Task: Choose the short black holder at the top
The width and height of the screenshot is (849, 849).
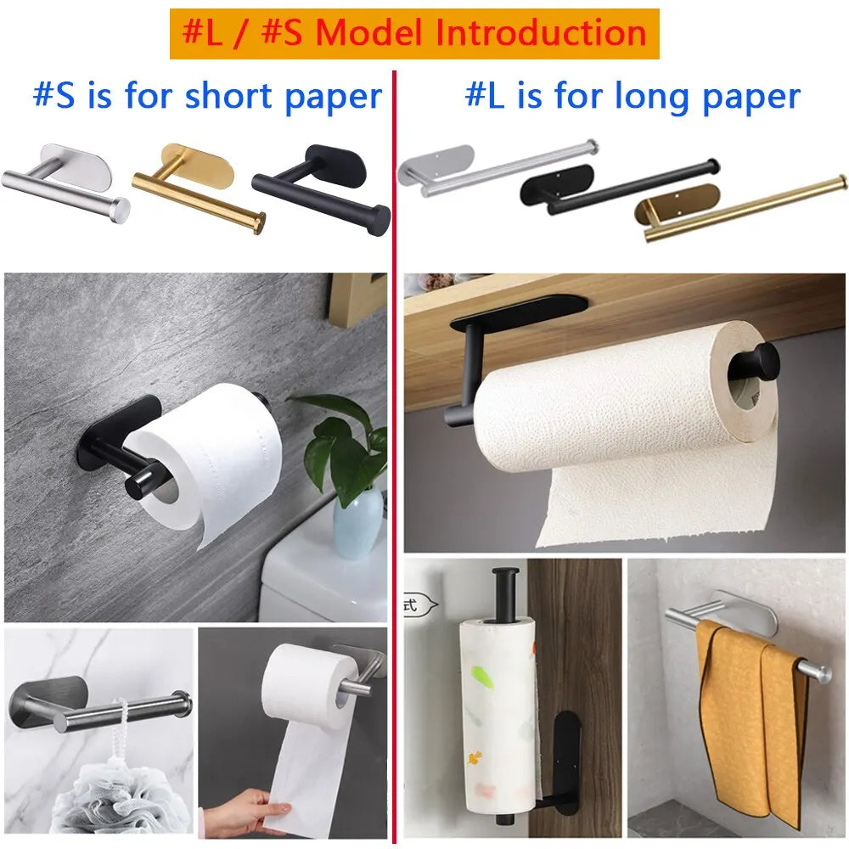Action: coord(323,191)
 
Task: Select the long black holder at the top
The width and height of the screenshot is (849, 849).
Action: coord(620,183)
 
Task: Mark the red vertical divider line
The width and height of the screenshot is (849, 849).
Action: coord(395,424)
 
